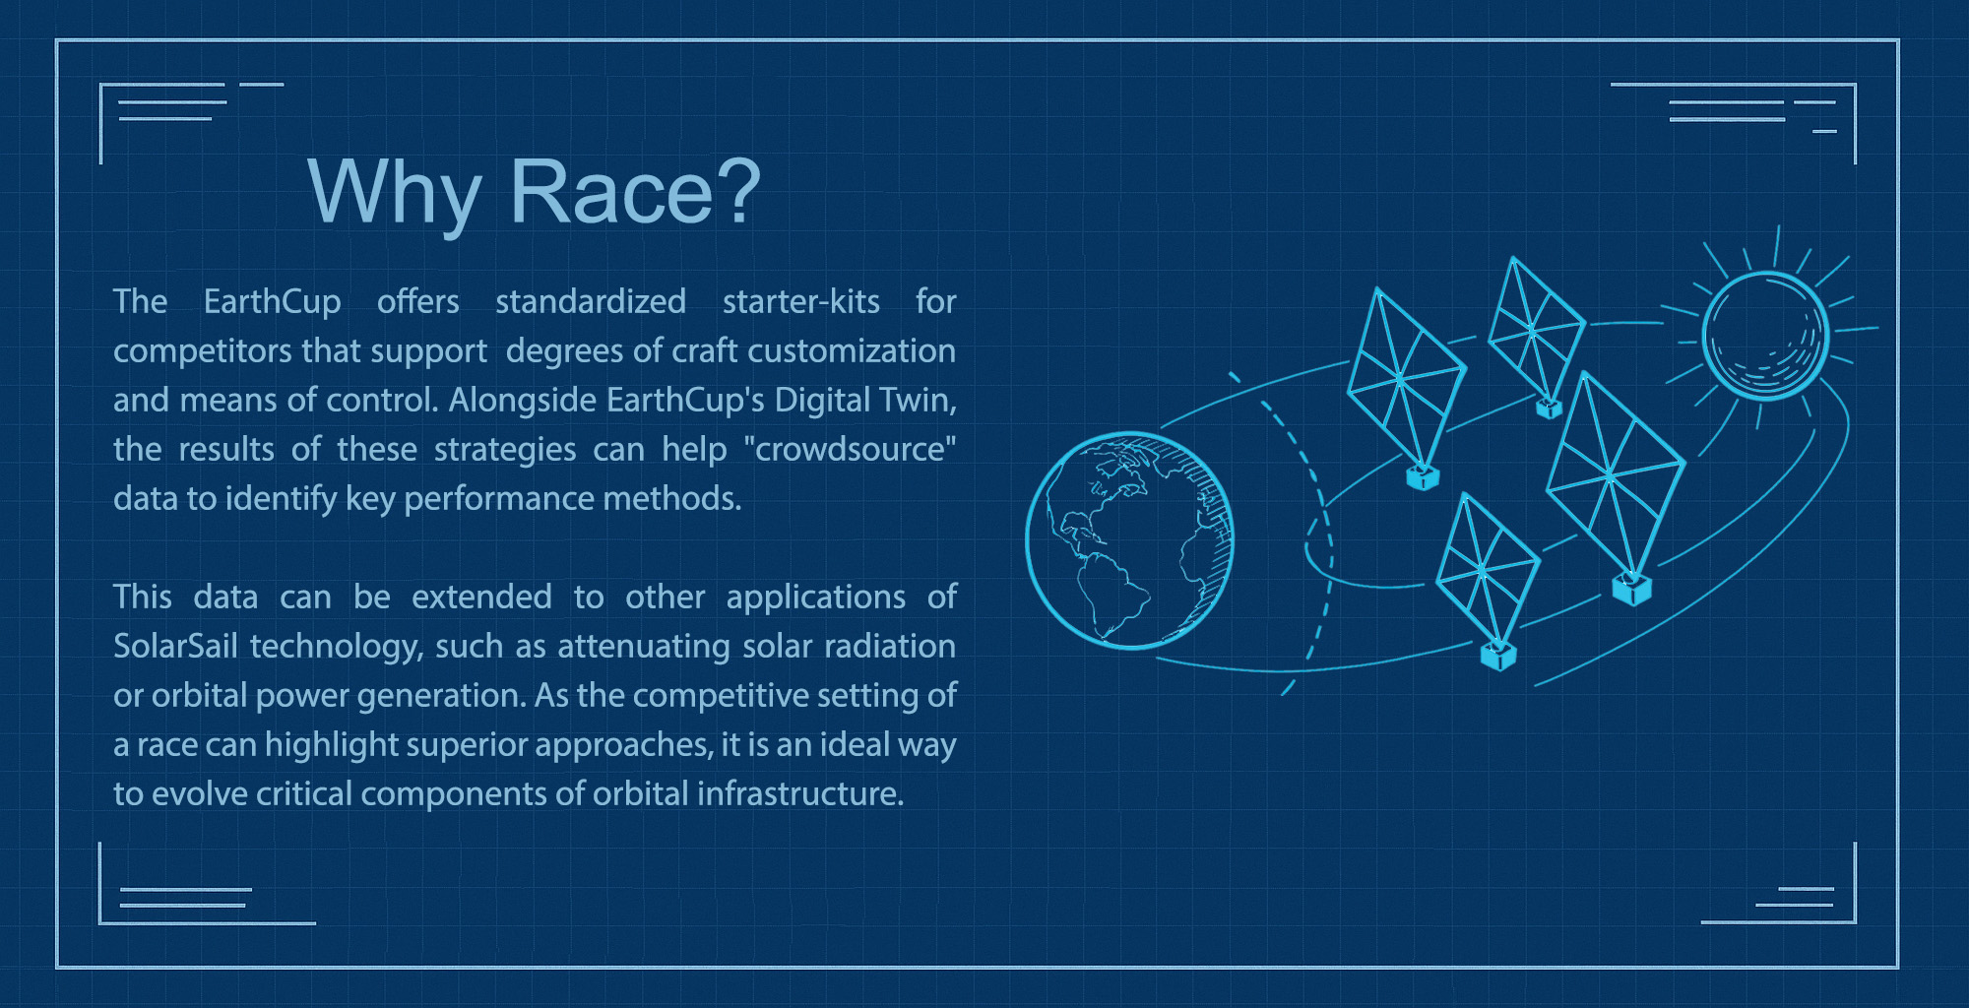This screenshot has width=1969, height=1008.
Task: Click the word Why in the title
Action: (394, 194)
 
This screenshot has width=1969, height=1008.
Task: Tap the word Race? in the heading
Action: (635, 191)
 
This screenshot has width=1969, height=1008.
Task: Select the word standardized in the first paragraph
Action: (591, 300)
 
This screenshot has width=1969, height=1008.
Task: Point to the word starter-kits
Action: (801, 300)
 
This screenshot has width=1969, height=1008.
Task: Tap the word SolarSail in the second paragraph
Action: (176, 646)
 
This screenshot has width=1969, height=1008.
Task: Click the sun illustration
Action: (1765, 335)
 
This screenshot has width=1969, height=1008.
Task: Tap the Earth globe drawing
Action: (1129, 540)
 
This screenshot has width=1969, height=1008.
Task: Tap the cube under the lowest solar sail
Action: (1498, 657)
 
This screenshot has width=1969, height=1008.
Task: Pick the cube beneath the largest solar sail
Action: (1631, 590)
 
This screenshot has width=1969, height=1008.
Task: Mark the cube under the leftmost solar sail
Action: (1423, 477)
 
